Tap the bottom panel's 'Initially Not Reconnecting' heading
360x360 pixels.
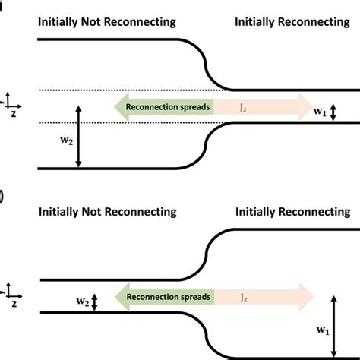click(106, 211)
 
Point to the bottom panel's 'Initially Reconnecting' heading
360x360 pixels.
click(293, 211)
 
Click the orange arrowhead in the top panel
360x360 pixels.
click(303, 108)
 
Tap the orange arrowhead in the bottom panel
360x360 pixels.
click(303, 298)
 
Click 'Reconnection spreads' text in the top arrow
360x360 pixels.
click(169, 108)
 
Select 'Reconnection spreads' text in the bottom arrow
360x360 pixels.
click(169, 298)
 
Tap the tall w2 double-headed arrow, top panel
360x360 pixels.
click(78, 137)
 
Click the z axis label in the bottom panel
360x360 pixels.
click(14, 302)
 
